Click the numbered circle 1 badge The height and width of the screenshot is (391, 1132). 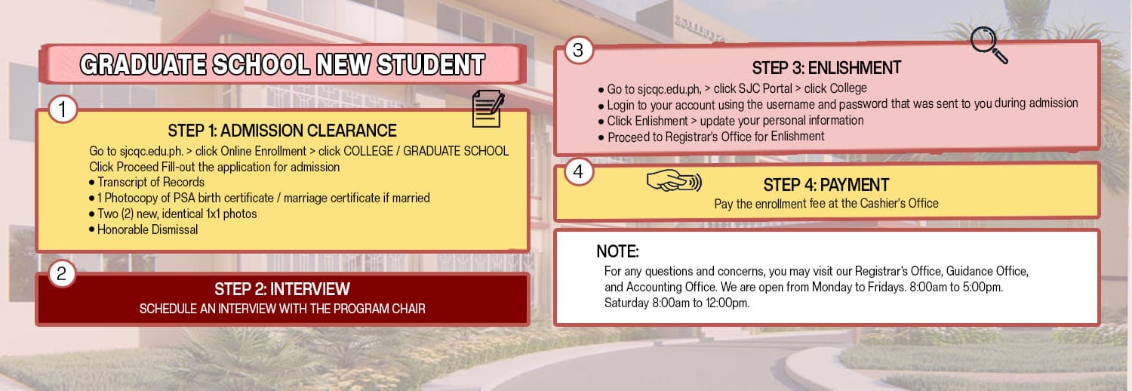click(x=63, y=109)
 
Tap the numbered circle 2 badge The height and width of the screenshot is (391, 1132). click(x=62, y=273)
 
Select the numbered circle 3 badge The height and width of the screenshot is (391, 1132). click(x=578, y=50)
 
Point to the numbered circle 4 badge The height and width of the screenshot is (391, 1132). click(x=579, y=172)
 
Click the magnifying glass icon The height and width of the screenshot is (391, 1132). click(x=989, y=45)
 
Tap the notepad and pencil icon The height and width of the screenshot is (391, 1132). click(x=488, y=109)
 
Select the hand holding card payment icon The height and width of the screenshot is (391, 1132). click(x=674, y=180)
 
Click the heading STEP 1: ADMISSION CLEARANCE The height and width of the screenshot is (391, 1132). click(x=282, y=131)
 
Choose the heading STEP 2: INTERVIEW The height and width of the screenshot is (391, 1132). click(x=282, y=289)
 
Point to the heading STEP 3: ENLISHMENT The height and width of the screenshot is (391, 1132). click(x=826, y=68)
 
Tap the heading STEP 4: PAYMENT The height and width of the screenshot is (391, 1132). click(x=826, y=185)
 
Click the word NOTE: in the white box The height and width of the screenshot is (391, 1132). click(x=617, y=251)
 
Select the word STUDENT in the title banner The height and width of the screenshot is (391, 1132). click(x=431, y=65)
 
